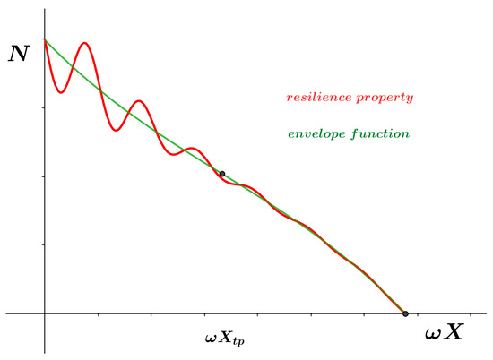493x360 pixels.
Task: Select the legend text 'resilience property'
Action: pos(350,96)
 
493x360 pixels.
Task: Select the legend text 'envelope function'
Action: pos(348,134)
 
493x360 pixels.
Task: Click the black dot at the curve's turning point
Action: pos(221,174)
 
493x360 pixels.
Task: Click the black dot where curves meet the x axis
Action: pos(405,313)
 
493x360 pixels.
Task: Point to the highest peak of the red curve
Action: pos(85,43)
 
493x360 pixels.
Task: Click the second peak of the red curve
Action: pos(138,100)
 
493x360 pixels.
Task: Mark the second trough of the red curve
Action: pos(116,131)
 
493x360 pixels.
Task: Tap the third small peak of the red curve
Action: pos(189,149)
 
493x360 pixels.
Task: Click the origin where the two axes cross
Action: pos(44,313)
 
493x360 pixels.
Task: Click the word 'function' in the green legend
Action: pos(384,134)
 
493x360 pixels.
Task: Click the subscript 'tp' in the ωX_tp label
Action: pos(238,343)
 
